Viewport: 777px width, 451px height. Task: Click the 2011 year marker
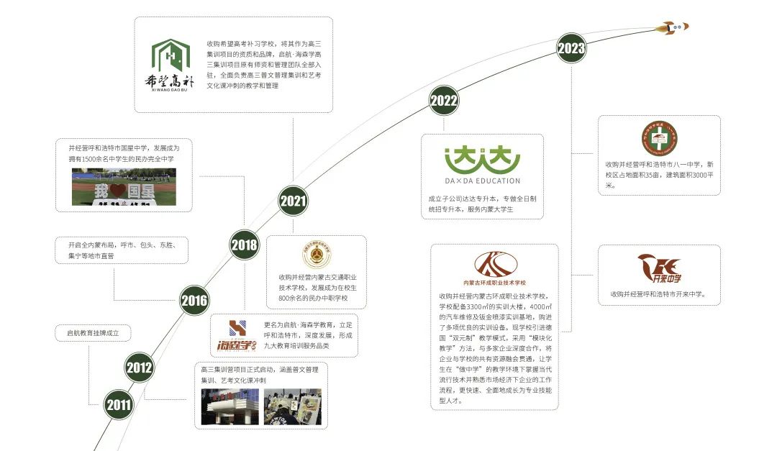coord(119,405)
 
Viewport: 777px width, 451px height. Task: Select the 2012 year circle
coord(139,368)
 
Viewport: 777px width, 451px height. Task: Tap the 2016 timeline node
coord(194,301)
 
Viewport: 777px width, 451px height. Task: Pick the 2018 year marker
coord(245,245)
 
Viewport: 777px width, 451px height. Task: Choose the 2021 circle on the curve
coord(293,201)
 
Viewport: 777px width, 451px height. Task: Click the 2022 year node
coord(444,101)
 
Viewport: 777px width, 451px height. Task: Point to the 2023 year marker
coord(571,49)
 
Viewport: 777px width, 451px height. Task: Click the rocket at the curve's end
coord(675,27)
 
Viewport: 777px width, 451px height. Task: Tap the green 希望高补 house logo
coord(171,63)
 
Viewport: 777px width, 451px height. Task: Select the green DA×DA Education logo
coord(482,165)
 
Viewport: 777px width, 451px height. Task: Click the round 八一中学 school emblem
coord(659,138)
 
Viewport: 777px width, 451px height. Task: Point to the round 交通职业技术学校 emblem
coord(317,255)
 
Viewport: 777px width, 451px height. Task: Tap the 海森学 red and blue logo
coord(237,336)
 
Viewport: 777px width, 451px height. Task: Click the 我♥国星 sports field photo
coord(124,187)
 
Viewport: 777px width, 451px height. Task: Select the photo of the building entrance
coord(230,407)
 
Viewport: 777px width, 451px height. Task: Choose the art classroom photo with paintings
coord(292,407)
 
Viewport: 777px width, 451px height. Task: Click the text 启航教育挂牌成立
coord(98,333)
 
